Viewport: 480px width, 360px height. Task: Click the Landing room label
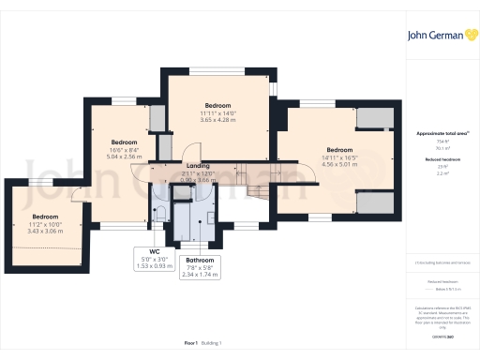click(x=192, y=165)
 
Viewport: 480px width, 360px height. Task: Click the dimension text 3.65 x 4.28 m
click(x=217, y=119)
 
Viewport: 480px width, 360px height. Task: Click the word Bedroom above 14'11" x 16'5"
click(x=338, y=150)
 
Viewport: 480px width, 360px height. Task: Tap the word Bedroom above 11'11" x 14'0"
click(x=217, y=105)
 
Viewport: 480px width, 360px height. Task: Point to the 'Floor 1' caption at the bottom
click(x=191, y=345)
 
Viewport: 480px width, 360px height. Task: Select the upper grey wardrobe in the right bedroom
click(x=377, y=118)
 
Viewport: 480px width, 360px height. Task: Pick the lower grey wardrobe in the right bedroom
click(x=377, y=203)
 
